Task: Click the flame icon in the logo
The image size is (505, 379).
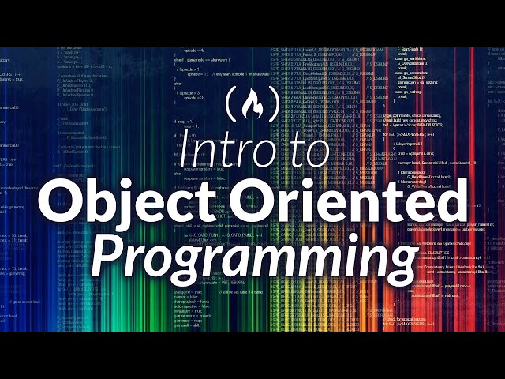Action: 252,104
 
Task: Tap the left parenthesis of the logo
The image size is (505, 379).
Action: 231,104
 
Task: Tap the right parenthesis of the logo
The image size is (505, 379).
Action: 274,104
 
